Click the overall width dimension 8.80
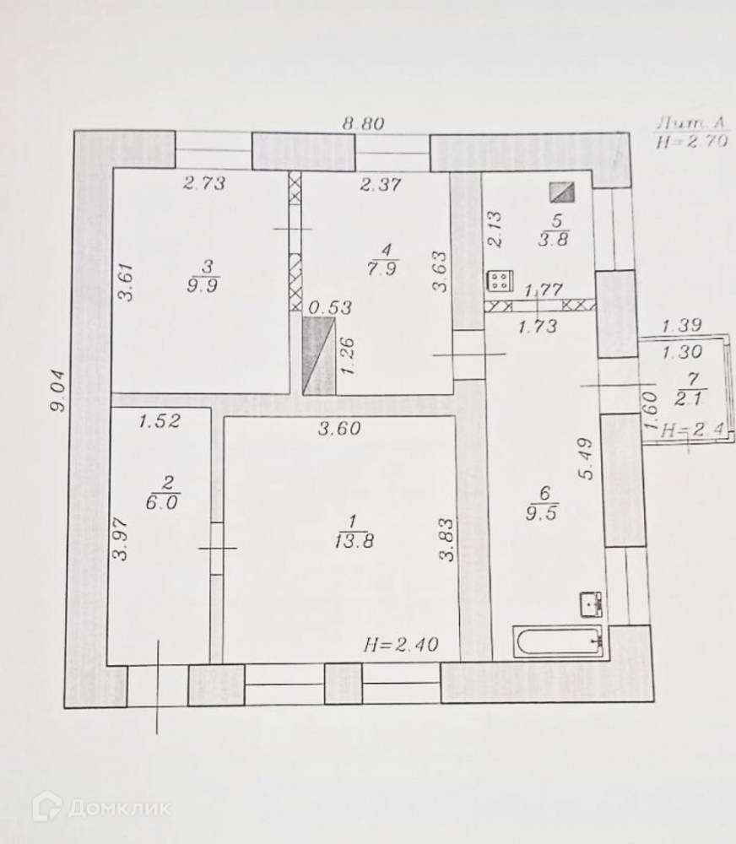pos(363,122)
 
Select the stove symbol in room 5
pos(499,281)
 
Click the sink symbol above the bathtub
pos(591,603)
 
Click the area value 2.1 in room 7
pos(685,398)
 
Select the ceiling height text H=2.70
pos(691,142)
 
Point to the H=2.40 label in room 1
pos(401,647)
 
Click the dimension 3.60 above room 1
pos(340,429)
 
